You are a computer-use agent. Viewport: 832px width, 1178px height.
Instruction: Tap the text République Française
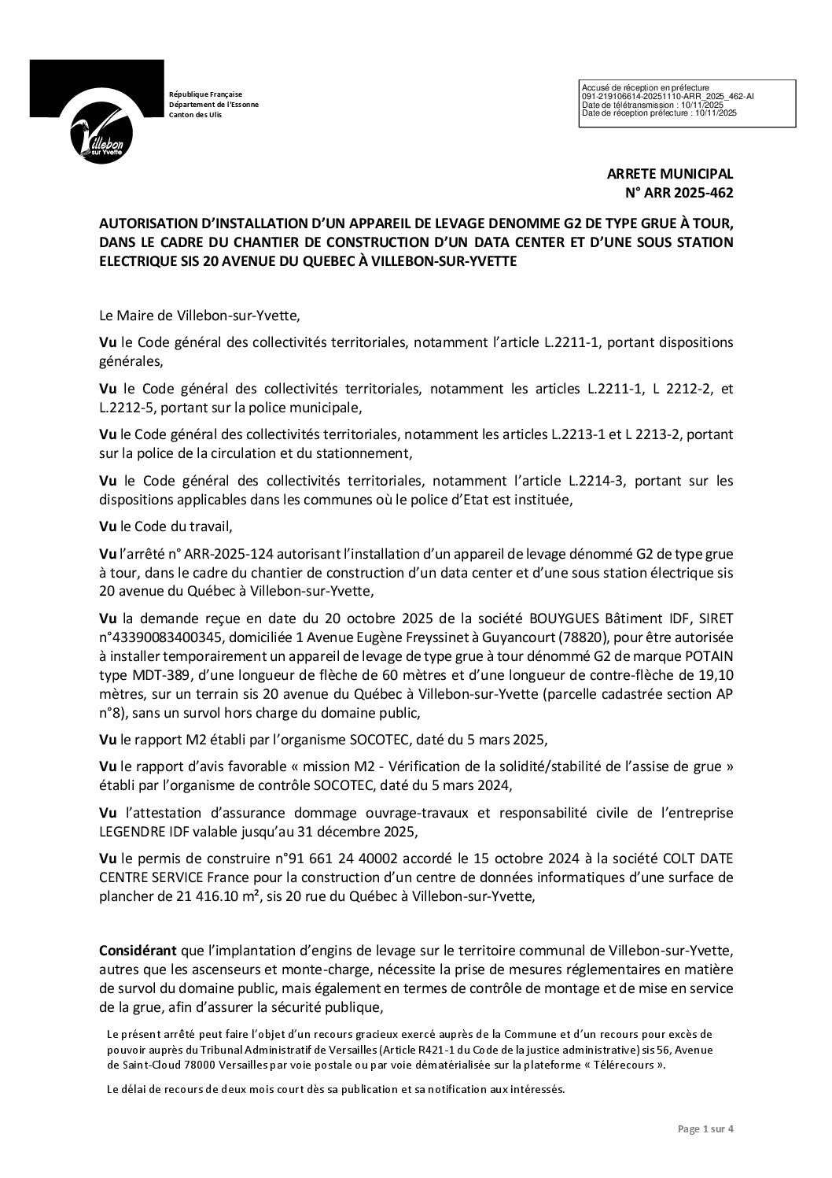[x=206, y=94]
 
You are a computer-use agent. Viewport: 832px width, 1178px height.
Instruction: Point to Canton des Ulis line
[x=196, y=115]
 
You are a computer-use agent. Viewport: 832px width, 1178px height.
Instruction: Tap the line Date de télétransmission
[x=651, y=104]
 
